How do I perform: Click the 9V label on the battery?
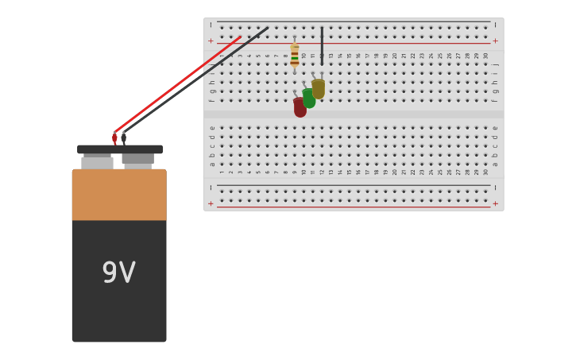coord(119,273)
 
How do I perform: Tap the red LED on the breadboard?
coord(300,107)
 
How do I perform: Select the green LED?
coord(309,99)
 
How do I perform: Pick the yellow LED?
coord(318,89)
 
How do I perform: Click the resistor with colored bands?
coord(295,54)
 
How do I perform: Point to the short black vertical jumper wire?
coord(322,45)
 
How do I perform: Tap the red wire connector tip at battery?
coord(114,138)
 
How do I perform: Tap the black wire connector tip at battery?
coord(124,138)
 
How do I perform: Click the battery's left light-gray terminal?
coord(98,162)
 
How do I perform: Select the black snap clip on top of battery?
coord(120,149)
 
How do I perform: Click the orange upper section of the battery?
coord(119,195)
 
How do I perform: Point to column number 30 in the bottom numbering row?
coord(485,172)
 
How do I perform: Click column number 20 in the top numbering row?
coord(395,56)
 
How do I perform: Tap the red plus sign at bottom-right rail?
coord(496,203)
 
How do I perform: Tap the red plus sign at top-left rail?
coord(211,41)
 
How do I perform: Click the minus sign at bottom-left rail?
coord(211,188)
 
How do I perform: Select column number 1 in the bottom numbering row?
coord(222,172)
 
